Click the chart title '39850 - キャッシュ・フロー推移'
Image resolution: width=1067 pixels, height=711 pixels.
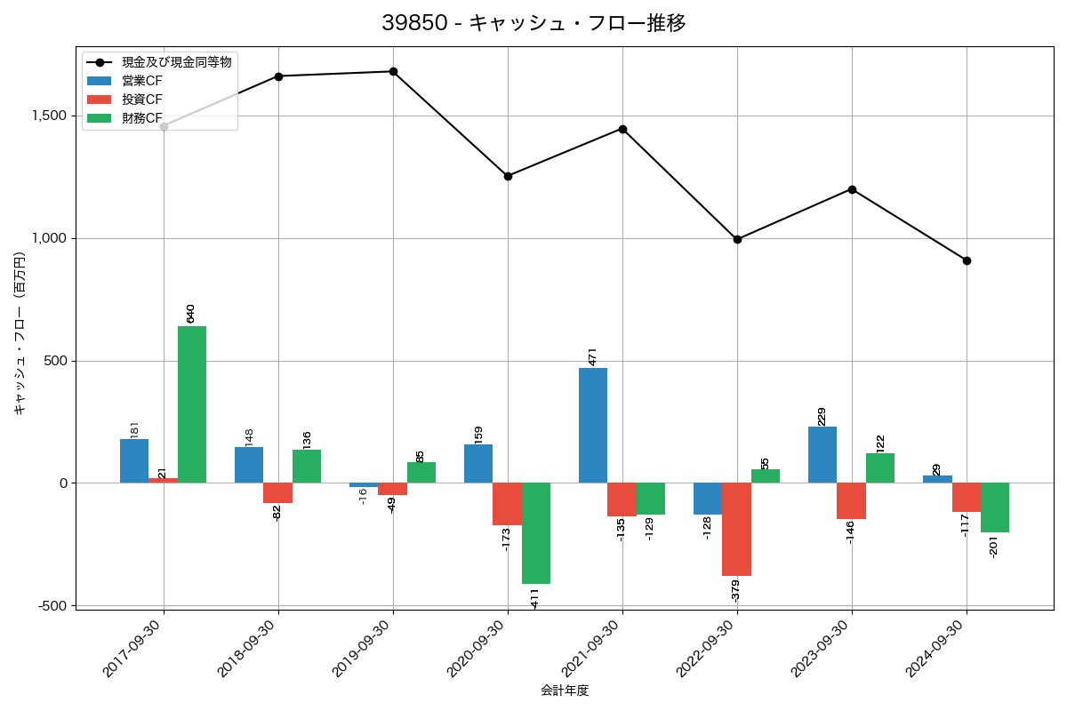533,23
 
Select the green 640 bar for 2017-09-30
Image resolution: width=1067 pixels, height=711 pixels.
192,404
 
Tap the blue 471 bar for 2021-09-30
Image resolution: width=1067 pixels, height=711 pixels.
593,425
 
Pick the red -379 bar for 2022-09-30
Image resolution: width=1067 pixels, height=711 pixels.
736,529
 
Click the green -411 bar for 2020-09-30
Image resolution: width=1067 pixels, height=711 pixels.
536,533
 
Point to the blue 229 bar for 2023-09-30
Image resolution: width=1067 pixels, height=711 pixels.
822,454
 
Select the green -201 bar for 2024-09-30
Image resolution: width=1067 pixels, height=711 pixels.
995,507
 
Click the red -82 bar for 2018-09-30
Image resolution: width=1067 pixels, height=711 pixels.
277,492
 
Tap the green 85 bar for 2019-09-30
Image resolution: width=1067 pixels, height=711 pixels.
421,472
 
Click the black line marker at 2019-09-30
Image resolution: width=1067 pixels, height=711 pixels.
393,71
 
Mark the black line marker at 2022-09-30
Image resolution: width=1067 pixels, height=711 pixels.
737,239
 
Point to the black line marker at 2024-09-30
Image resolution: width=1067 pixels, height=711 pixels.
967,260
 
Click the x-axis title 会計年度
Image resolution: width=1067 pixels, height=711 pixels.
565,691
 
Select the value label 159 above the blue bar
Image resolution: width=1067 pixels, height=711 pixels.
478,435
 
